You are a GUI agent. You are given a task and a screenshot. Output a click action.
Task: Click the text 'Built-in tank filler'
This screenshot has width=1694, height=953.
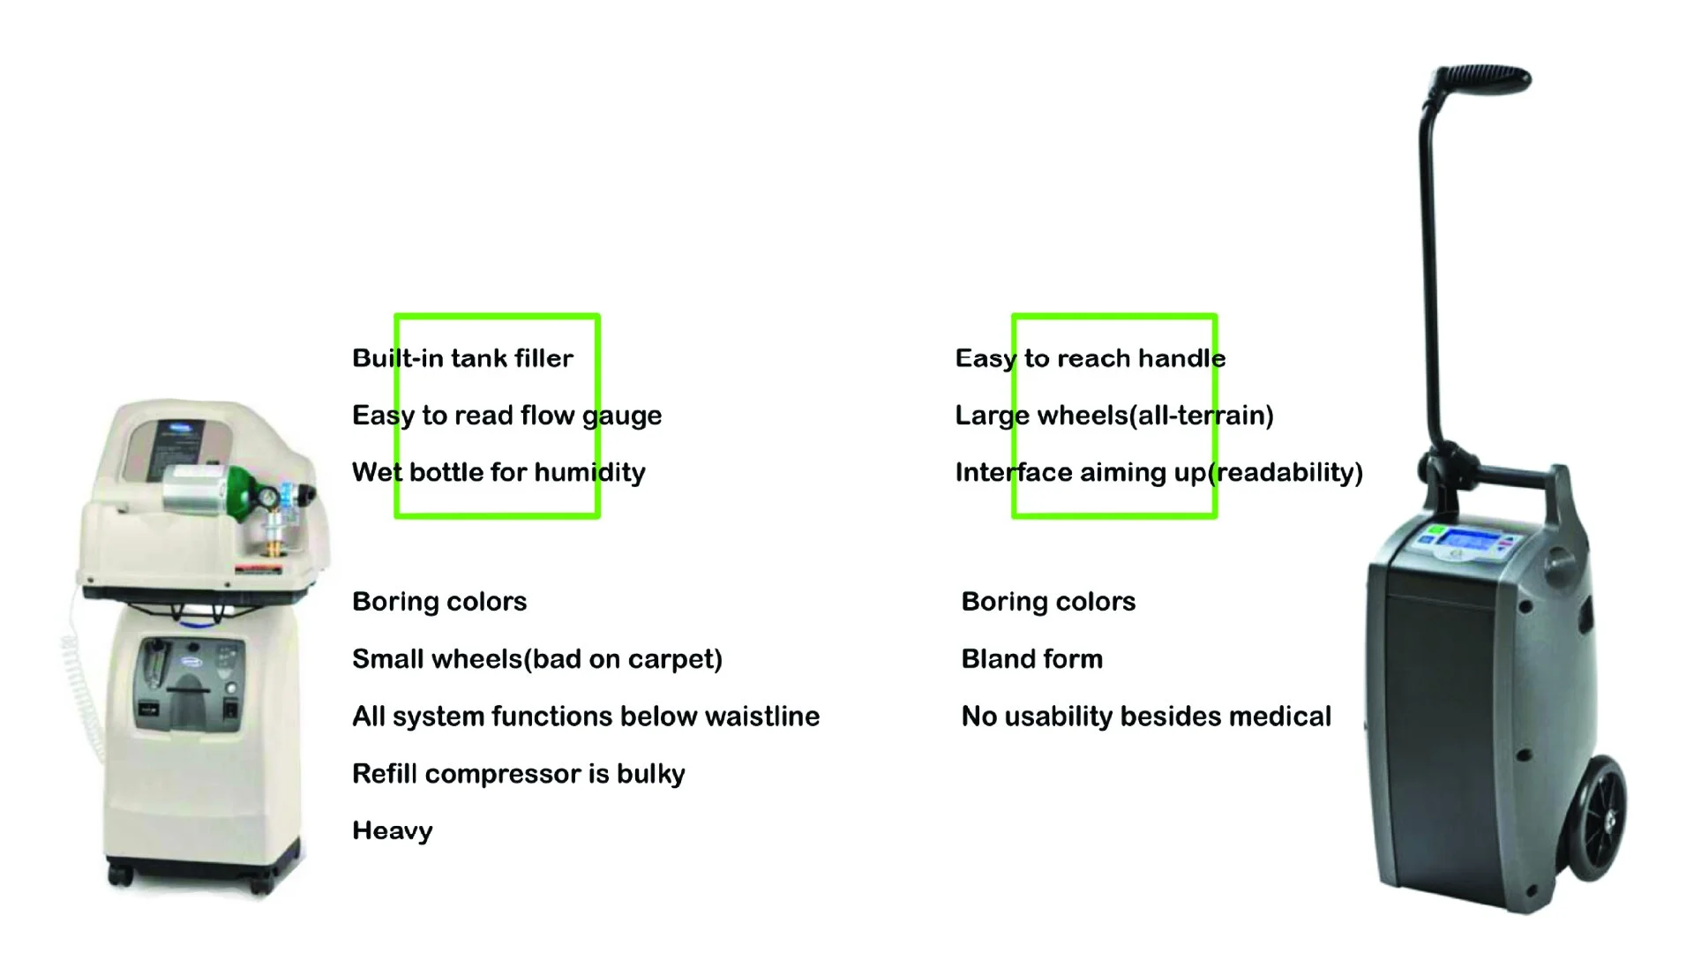[462, 358]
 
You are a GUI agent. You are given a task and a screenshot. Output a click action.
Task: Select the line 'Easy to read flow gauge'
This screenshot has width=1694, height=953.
[506, 416]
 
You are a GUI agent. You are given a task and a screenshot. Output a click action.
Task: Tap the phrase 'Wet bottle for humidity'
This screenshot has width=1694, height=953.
[498, 473]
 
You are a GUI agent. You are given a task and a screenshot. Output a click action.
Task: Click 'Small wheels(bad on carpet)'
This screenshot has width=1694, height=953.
[536, 659]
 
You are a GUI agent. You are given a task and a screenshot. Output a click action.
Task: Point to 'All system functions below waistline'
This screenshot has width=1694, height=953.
[585, 717]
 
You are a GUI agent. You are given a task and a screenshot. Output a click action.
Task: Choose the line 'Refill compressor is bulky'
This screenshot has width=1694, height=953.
[518, 774]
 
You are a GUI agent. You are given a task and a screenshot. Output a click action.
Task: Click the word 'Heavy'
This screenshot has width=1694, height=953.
[392, 831]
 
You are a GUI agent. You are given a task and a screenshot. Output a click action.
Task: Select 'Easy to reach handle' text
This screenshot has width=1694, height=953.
[1090, 358]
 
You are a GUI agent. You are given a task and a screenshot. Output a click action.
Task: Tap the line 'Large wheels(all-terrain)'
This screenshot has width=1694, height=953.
[1113, 416]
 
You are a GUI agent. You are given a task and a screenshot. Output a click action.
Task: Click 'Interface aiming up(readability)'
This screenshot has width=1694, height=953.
[1158, 473]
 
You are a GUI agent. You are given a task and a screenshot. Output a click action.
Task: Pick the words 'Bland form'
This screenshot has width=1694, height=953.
[1031, 659]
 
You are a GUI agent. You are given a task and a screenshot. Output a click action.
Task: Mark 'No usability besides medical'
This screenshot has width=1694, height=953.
[1145, 717]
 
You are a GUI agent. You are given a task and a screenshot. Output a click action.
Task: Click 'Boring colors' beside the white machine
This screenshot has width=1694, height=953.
[438, 602]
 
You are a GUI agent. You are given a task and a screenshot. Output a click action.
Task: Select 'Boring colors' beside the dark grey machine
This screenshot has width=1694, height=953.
[1047, 602]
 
